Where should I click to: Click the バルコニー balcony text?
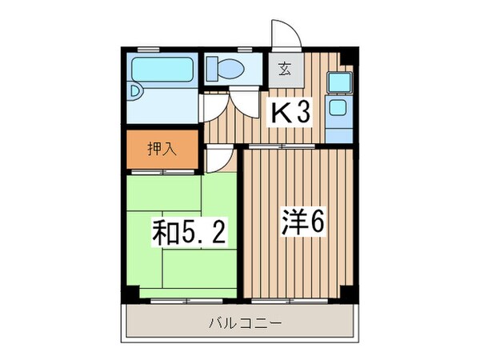pos(241,324)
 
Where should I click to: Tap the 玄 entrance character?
pos(284,70)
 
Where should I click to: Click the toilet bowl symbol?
pos(230,69)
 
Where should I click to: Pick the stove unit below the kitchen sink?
pos(337,108)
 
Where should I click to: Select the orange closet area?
pos(162,150)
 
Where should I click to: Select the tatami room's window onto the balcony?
pos(182,301)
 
